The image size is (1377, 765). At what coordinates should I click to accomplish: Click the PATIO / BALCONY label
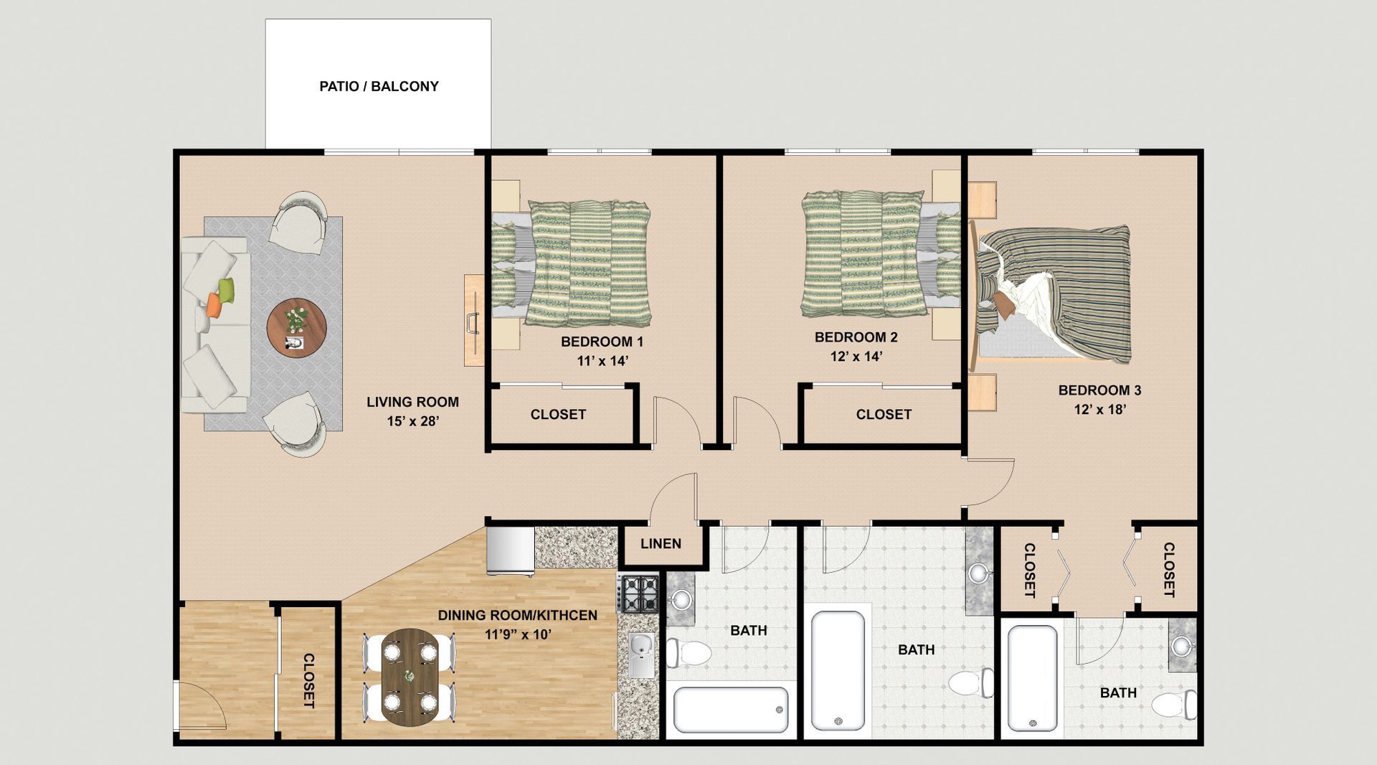tap(379, 86)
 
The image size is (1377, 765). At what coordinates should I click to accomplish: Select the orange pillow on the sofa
tap(214, 305)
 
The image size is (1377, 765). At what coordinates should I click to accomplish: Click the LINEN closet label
tap(661, 544)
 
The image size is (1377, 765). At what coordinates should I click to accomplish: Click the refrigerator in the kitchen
tap(511, 551)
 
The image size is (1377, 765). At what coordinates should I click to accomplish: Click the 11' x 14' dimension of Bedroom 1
tap(602, 361)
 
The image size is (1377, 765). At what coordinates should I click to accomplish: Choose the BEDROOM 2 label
tap(856, 337)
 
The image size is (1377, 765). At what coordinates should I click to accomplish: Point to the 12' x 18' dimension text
tap(1100, 410)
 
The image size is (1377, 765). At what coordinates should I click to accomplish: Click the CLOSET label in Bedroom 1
tap(558, 415)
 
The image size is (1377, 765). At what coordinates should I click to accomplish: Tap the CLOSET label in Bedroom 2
tap(884, 415)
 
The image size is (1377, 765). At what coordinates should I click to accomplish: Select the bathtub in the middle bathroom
tap(838, 671)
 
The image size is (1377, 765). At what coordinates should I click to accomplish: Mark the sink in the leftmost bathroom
tap(681, 598)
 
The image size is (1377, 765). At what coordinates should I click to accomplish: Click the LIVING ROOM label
tap(412, 403)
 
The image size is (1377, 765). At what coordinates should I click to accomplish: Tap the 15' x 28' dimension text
tap(412, 422)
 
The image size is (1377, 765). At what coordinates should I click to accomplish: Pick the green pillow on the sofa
tap(227, 290)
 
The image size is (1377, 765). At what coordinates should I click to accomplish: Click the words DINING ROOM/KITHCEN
tap(517, 616)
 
